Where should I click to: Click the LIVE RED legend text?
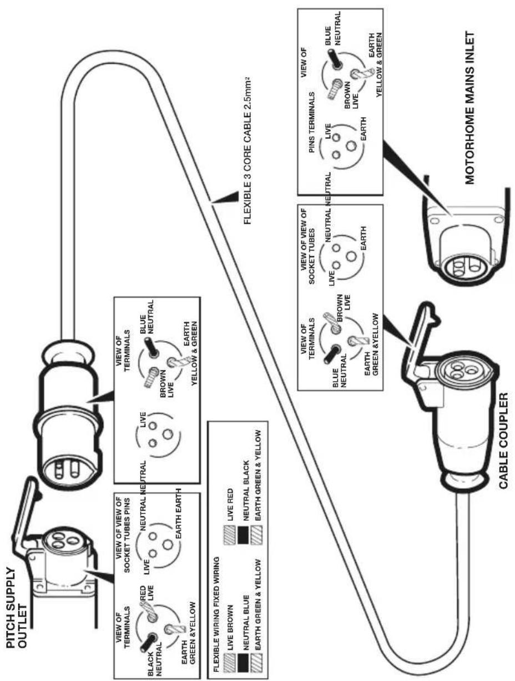click(x=230, y=505)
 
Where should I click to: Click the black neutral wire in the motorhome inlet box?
click(x=335, y=59)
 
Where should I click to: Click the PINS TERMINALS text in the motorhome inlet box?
click(x=311, y=123)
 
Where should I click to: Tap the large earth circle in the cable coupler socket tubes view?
click(x=351, y=256)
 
